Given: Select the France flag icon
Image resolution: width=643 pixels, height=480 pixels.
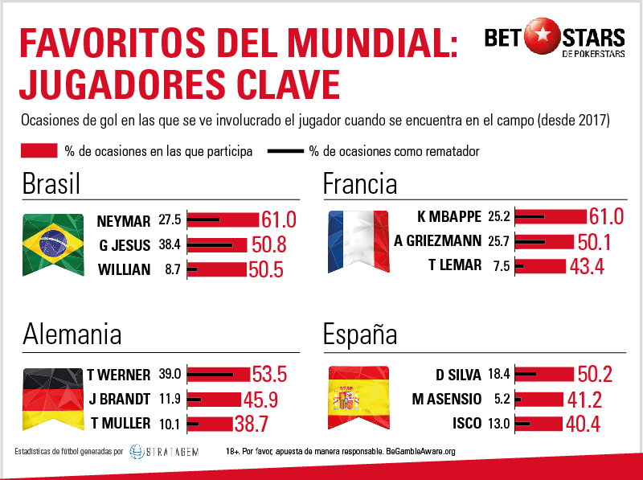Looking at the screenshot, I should [x=356, y=240].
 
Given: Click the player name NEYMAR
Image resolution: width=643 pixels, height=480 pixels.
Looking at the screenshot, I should [x=123, y=220].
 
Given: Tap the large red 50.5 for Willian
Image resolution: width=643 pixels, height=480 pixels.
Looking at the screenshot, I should [x=266, y=269].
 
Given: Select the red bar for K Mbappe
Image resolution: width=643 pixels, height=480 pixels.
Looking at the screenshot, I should [x=551, y=216].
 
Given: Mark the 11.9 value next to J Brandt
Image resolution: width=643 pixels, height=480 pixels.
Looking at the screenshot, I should [x=170, y=399].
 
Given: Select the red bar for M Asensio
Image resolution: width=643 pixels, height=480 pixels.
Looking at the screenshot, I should [x=539, y=399].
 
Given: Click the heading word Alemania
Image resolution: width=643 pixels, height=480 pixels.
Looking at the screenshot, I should [x=72, y=335].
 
